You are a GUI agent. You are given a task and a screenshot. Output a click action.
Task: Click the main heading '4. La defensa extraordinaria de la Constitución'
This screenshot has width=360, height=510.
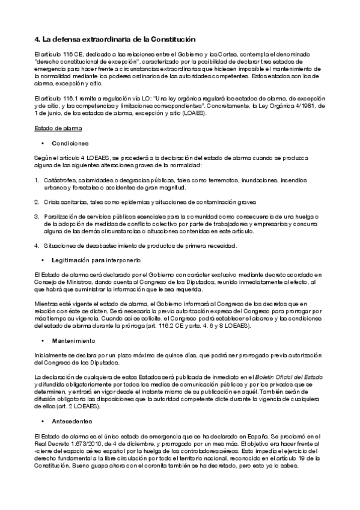(115, 39)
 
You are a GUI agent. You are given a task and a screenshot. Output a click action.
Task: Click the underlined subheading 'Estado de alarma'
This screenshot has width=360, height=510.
(58, 129)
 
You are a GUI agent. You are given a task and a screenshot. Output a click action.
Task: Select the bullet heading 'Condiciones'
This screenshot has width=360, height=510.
(70, 143)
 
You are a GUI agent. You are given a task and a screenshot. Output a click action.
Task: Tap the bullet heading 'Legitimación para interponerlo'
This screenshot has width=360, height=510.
(96, 260)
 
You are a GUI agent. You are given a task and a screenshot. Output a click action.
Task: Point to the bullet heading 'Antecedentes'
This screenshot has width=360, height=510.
(72, 421)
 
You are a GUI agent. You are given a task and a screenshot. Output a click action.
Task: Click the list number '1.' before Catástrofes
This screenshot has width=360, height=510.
(37, 180)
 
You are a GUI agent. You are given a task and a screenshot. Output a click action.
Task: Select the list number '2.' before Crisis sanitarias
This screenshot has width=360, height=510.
(37, 202)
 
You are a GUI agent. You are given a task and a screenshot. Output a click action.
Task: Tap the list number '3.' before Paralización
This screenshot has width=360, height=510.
(37, 217)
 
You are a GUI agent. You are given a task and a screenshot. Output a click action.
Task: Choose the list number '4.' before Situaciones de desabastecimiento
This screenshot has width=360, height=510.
(37, 245)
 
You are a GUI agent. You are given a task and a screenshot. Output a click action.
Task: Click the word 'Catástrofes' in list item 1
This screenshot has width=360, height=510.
(59, 180)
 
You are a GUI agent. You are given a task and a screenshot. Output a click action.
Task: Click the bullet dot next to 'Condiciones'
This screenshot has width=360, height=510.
(43, 144)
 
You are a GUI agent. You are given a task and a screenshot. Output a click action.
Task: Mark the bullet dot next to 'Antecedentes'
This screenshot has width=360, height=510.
(43, 421)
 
